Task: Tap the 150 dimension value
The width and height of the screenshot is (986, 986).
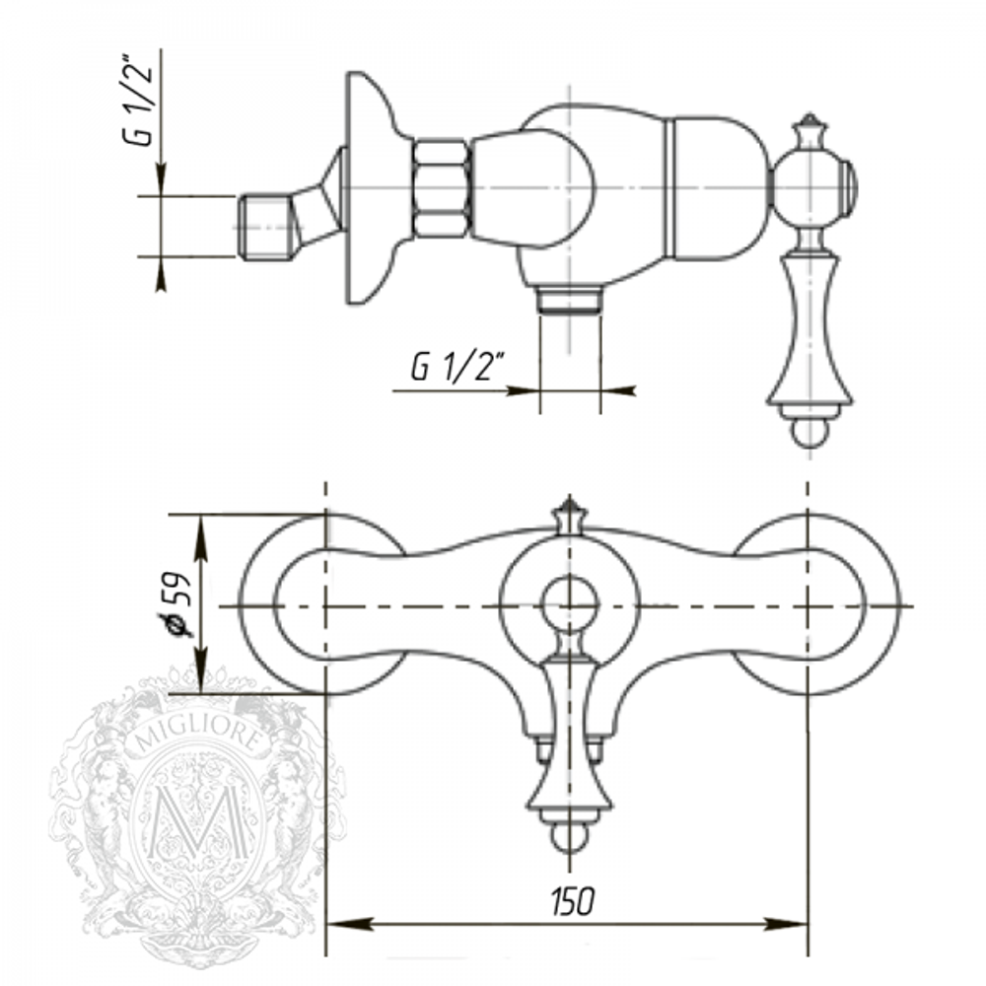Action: pos(571,900)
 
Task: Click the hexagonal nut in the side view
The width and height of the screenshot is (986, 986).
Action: pos(440,188)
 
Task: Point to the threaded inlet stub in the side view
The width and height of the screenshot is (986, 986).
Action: pos(267,227)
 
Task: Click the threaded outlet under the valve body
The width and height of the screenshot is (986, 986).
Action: pos(570,299)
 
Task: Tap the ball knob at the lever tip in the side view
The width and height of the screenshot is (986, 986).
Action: pos(810,433)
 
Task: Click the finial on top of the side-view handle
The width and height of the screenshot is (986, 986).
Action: pos(810,129)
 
